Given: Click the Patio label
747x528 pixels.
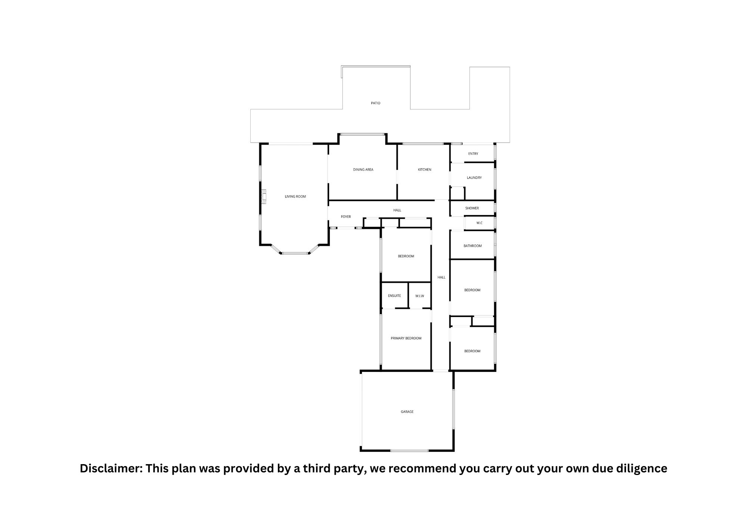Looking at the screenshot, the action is tap(376, 103).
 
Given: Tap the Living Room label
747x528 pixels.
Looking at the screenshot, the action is tap(295, 196).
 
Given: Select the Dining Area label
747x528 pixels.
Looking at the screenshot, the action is tap(363, 170).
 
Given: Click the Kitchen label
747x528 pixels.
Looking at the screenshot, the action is tap(424, 170).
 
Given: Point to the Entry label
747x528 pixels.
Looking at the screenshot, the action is tap(473, 153).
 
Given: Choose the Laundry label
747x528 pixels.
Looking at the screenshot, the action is tap(474, 178).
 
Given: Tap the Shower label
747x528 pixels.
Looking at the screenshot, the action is tap(472, 208).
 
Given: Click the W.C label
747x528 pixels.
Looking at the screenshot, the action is tap(480, 223).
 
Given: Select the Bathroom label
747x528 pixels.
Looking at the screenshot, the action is tap(472, 246).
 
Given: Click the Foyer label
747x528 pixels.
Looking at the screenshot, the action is tap(346, 217).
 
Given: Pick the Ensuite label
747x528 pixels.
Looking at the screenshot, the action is tap(394, 296).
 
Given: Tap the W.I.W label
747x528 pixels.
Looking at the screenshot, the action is tap(420, 296).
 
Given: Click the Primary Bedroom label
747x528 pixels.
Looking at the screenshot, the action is tap(406, 338).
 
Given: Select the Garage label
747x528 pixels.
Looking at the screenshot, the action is tap(407, 412).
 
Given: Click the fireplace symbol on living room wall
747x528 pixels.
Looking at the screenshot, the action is tap(264, 197).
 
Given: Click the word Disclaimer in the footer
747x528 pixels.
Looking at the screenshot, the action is tap(110, 469).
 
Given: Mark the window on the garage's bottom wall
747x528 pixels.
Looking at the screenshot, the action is tap(409, 451).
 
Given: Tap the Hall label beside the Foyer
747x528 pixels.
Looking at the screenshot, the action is tap(397, 210).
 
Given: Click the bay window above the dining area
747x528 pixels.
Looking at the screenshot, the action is tap(362, 134).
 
